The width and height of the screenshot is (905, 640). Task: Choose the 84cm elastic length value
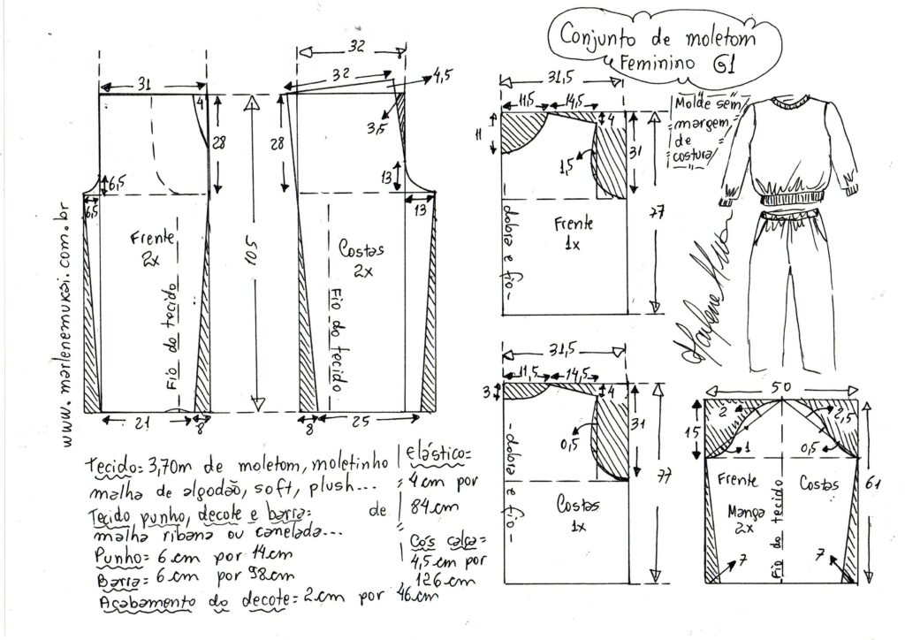(428, 508)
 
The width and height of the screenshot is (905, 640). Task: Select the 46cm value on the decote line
(418, 595)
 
